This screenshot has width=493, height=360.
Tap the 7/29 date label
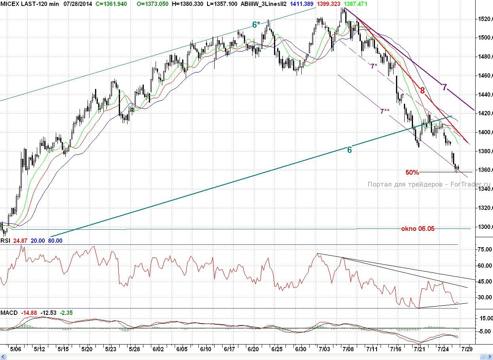click(467, 349)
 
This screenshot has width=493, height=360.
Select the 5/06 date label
click(15, 349)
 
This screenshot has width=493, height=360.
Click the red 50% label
click(412, 173)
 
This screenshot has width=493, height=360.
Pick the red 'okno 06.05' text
click(418, 229)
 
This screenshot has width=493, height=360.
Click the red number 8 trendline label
click(423, 91)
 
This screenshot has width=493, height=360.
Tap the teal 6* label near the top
click(256, 25)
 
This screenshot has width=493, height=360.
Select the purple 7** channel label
click(384, 112)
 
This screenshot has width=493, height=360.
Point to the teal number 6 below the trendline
click(349, 150)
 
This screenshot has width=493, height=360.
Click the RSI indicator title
click(5, 241)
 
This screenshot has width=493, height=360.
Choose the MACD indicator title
click(9, 313)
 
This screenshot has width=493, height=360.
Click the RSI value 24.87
click(21, 241)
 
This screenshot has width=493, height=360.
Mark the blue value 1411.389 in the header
click(302, 4)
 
